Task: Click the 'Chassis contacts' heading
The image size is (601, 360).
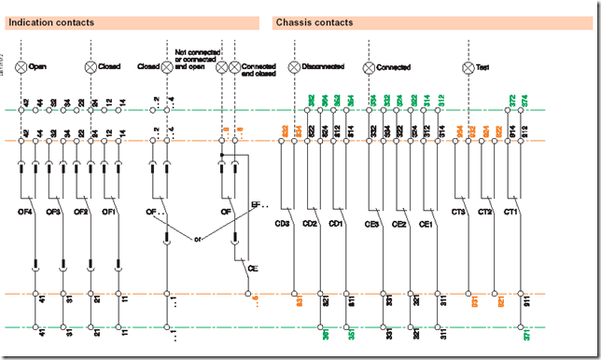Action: coord(314,22)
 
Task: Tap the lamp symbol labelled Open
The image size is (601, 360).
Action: coord(21,67)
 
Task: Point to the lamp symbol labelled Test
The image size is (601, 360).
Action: coord(469,67)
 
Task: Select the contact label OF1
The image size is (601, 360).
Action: coord(109,214)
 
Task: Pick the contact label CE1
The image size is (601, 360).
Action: coord(426,224)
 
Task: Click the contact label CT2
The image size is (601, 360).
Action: coord(484,214)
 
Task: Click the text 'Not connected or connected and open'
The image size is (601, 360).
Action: coord(195,58)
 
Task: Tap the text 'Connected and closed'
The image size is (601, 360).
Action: coord(259,71)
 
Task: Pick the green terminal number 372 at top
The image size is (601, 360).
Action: coord(512,100)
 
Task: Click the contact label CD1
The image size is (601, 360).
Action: coord(337,224)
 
